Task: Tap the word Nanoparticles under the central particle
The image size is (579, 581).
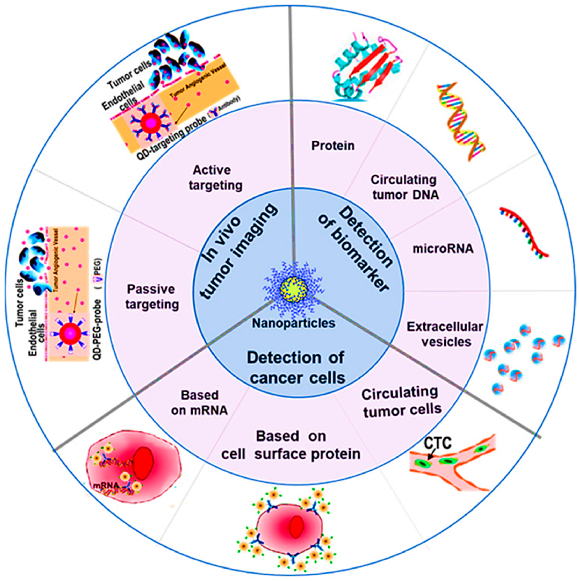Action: coord(293,323)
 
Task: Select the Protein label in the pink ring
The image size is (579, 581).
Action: coord(333,146)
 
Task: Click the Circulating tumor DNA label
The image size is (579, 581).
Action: coord(405,187)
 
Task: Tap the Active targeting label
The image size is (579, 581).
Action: coord(215,178)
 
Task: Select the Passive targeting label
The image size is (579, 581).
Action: coord(152,297)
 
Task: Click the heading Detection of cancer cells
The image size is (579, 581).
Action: coord(296,368)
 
